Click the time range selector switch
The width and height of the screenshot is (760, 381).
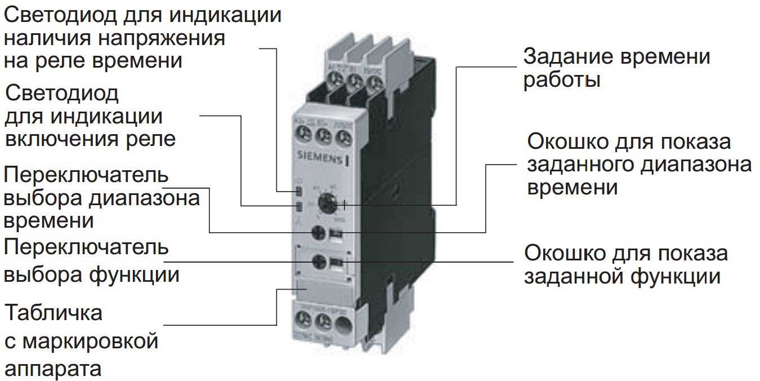click(320, 232)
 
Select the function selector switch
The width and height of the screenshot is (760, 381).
click(320, 261)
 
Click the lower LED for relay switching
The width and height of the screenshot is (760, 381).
click(299, 206)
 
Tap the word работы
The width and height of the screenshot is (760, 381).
click(561, 80)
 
